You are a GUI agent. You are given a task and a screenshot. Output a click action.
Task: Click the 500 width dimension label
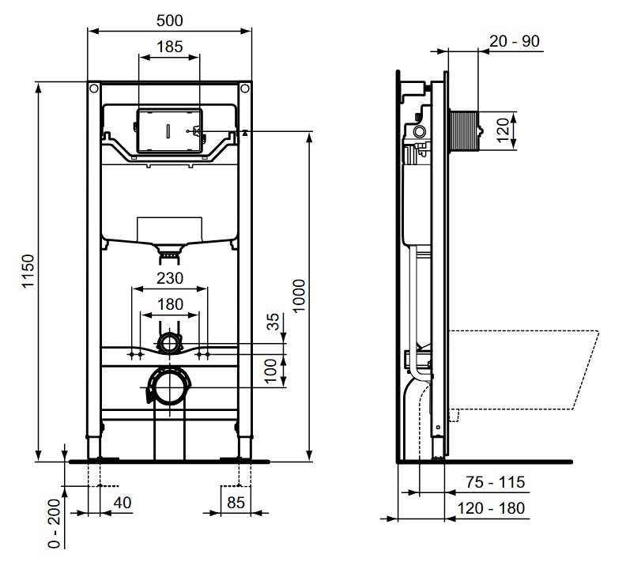170,21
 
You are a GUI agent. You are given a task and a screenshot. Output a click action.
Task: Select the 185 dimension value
170,47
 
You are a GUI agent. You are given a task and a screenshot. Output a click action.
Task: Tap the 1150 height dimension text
28,271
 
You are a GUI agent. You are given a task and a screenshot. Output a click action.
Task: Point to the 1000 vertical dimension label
299,296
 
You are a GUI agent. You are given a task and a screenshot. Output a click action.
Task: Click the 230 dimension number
170,278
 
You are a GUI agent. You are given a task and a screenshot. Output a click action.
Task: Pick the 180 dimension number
170,304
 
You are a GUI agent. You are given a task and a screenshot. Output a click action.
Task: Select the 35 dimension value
273,322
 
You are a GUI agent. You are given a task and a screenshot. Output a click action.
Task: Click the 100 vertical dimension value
270,371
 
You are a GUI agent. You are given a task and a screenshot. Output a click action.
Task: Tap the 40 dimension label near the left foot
123,503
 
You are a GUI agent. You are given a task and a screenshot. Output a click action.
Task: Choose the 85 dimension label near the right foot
236,503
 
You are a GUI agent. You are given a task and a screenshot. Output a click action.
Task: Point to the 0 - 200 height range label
54,523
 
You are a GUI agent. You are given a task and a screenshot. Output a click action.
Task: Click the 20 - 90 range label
515,41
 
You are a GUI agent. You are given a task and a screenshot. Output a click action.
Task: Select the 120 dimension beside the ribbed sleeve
503,130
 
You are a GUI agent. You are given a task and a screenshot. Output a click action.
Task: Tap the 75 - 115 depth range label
495,482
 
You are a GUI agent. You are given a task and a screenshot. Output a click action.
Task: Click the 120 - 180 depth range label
491,508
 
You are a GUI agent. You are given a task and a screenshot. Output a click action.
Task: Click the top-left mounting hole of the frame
94,88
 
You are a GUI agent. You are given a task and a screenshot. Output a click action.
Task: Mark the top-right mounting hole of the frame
245,88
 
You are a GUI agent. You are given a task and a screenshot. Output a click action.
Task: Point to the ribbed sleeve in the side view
463,131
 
